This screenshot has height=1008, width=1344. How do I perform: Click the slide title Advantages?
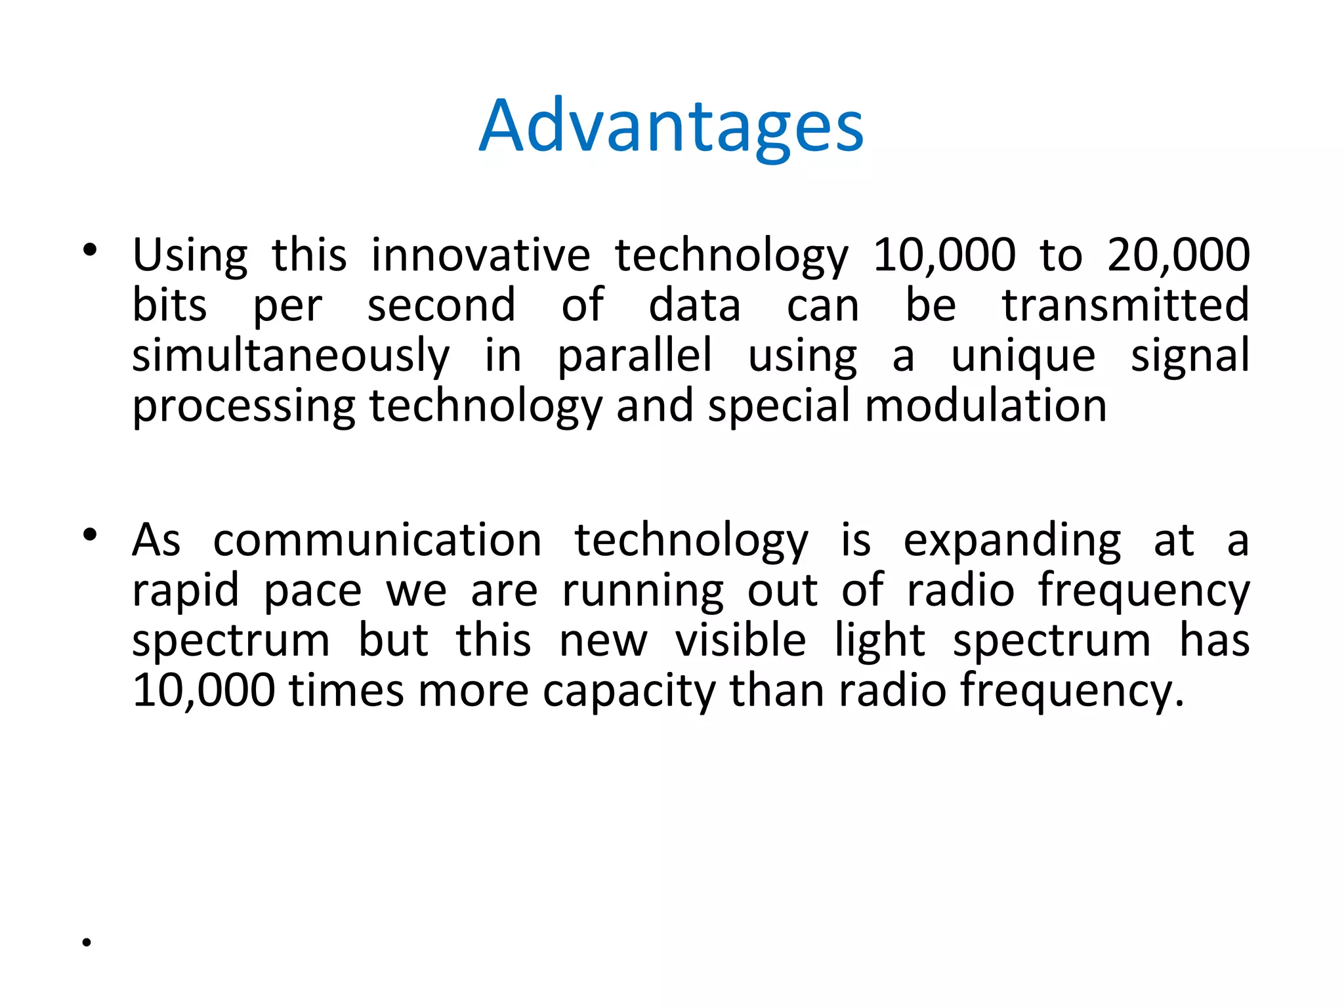671,127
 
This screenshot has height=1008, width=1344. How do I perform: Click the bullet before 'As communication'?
90,535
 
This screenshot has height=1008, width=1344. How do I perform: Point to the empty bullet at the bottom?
87,943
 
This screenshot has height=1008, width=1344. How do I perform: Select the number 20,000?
1178,255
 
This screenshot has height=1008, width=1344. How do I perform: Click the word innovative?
480,255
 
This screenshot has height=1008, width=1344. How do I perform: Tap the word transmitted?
1125,305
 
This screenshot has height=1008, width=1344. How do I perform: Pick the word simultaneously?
291,356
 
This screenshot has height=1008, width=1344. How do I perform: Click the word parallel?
634,356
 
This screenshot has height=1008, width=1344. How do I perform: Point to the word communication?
377,540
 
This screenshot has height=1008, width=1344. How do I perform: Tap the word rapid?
186,591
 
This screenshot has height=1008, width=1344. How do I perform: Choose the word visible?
740,640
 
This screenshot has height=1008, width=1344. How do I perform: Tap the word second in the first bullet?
441,306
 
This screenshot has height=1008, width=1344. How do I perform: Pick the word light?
879,641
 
